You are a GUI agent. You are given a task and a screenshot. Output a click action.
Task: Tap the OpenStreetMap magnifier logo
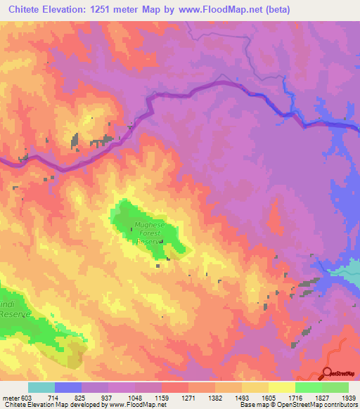click(x=327, y=374)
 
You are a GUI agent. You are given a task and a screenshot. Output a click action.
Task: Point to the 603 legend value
click(x=25, y=398)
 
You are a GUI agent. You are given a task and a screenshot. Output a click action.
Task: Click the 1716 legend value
click(x=284, y=398)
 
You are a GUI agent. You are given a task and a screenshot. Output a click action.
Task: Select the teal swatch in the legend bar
click(x=41, y=387)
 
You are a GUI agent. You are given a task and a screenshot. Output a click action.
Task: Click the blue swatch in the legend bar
click(x=68, y=387)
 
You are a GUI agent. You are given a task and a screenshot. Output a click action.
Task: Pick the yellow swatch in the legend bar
click(x=281, y=387)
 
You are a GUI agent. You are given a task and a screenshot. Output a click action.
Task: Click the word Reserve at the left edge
click(x=12, y=315)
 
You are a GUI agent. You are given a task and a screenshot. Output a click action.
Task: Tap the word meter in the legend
click(x=9, y=398)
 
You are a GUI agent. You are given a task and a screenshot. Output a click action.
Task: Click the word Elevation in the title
click(x=67, y=10)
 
